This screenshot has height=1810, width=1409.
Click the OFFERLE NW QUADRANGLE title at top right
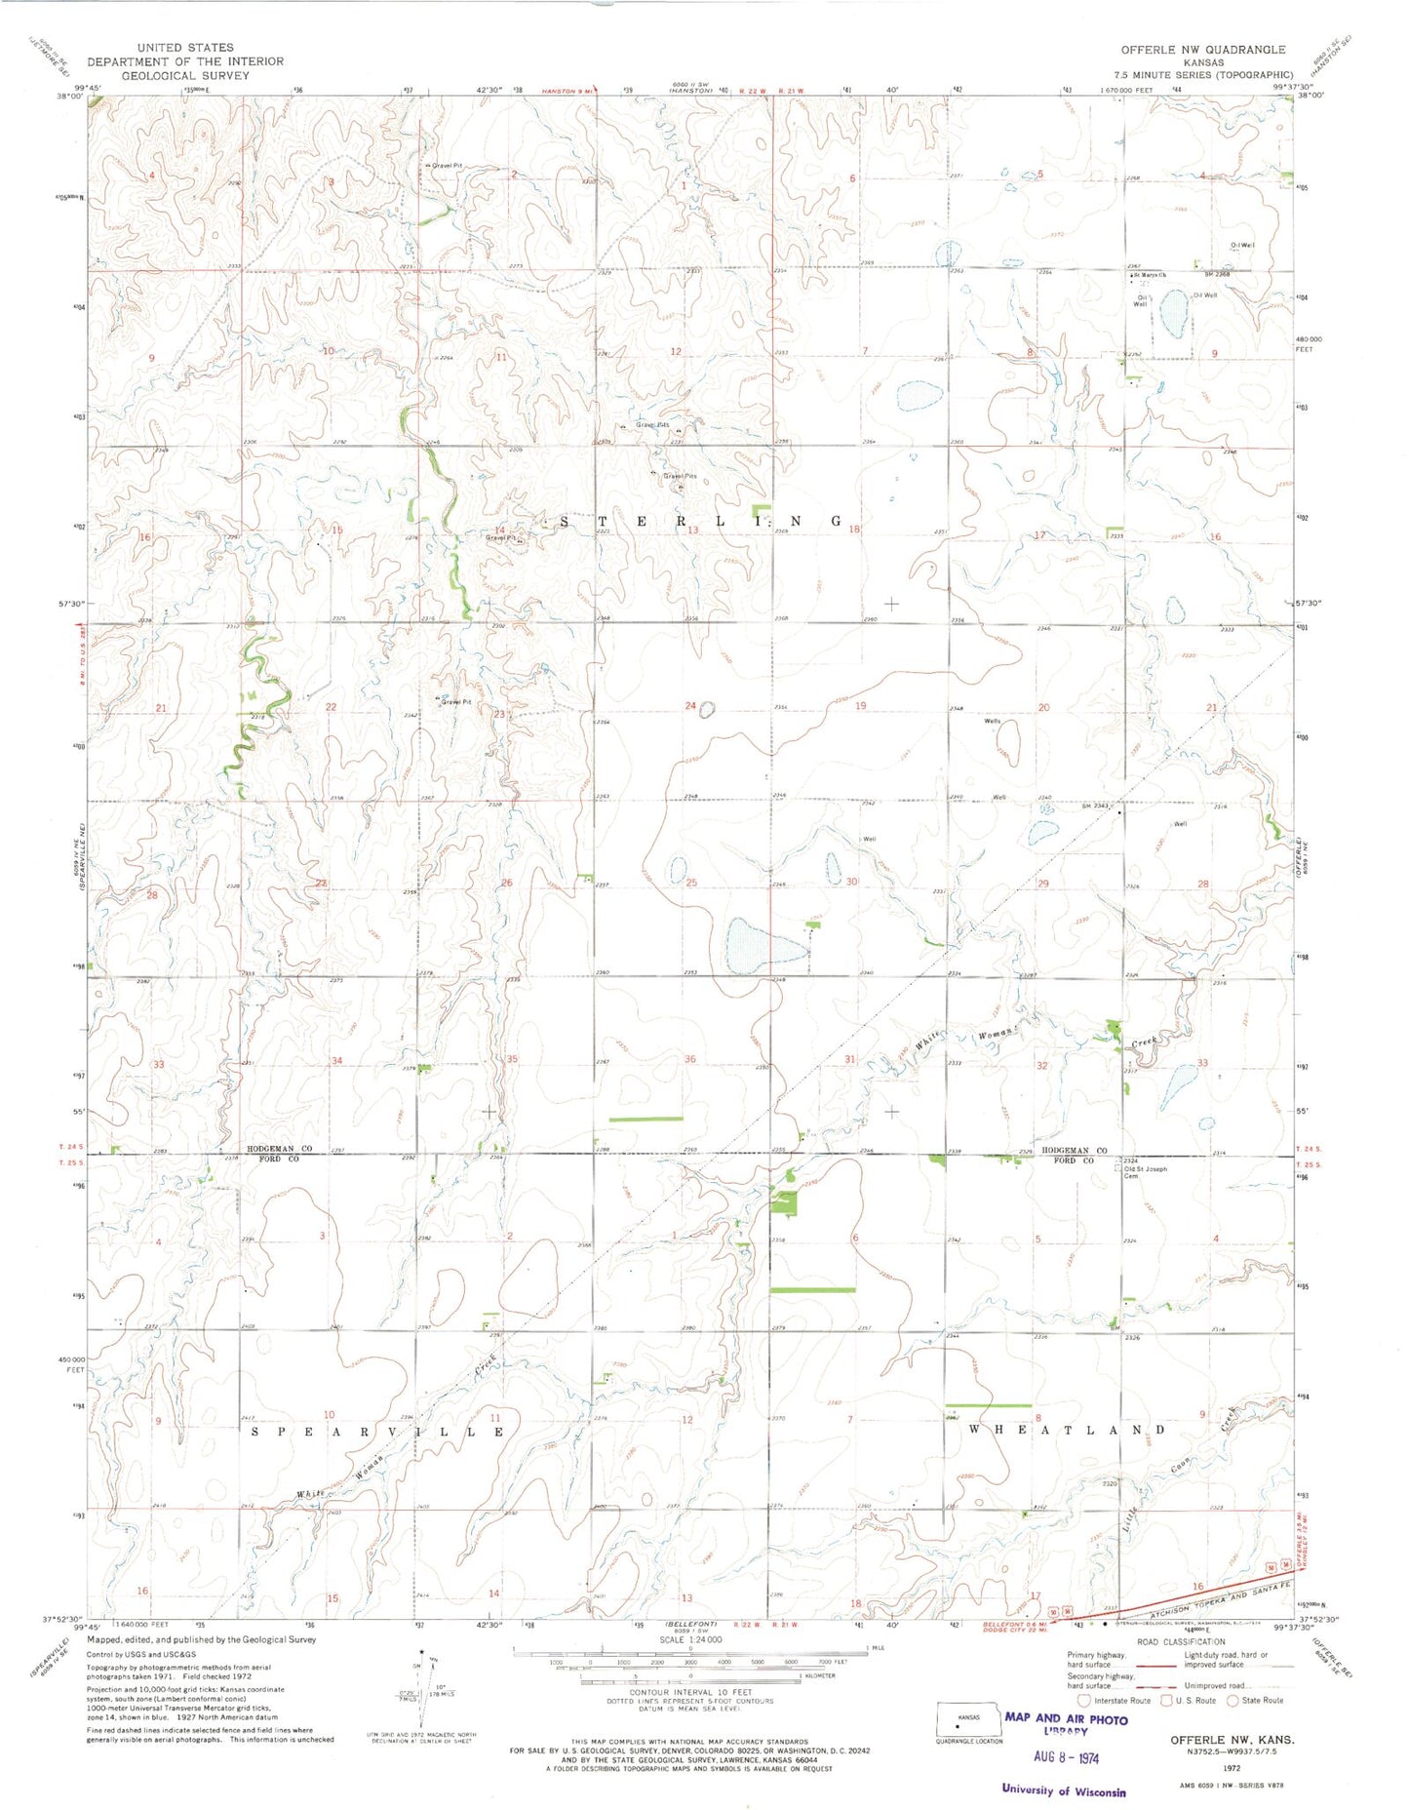click(x=1202, y=50)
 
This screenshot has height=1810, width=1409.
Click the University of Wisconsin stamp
click(x=1063, y=1790)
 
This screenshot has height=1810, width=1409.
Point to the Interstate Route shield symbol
click(x=1084, y=1700)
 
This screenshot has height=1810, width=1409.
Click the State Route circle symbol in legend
click(x=1233, y=1700)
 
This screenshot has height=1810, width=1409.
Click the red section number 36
click(x=690, y=1060)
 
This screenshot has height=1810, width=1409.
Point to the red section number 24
click(x=690, y=706)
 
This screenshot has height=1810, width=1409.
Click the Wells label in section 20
click(x=992, y=722)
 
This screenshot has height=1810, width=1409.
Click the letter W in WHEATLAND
click(x=974, y=1430)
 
